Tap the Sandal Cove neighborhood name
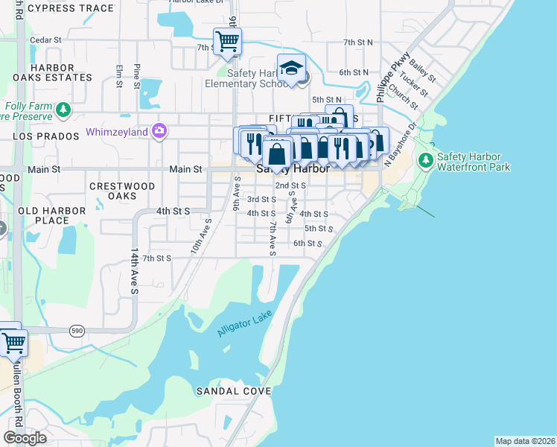click(x=229, y=391)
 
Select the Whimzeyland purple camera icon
click(x=159, y=132)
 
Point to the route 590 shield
click(x=77, y=329)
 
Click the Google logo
click(x=25, y=438)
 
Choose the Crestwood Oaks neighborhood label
click(x=122, y=191)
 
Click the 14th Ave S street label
click(x=136, y=272)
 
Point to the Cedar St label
click(x=44, y=40)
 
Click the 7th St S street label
click(x=157, y=258)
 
